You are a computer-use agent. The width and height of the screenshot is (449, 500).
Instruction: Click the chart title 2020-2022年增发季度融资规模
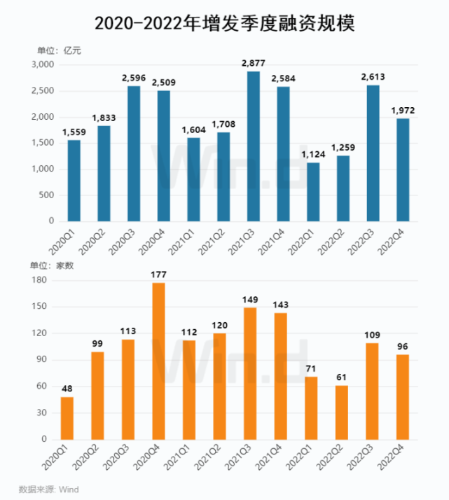(x=224, y=24)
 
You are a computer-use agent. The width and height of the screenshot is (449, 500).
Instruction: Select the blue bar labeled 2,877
(x=253, y=146)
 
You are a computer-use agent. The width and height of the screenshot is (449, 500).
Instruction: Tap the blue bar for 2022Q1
(x=312, y=192)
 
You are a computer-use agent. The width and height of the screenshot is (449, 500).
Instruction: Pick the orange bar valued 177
(x=158, y=361)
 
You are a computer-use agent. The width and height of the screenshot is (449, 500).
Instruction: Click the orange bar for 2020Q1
(x=67, y=418)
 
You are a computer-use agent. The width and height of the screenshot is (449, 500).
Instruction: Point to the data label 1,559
(x=74, y=131)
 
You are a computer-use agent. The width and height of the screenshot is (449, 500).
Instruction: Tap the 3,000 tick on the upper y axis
(x=43, y=65)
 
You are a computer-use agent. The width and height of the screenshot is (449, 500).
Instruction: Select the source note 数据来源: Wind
(x=48, y=488)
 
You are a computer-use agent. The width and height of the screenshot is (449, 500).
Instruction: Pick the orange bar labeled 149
(x=249, y=373)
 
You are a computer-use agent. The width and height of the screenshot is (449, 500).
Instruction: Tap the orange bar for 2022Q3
(x=372, y=391)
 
